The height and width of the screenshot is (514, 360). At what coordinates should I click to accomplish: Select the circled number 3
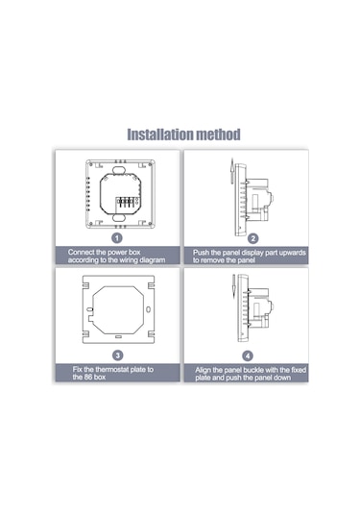tap(117, 355)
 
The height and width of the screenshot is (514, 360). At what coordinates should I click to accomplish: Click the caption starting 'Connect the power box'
tap(117, 255)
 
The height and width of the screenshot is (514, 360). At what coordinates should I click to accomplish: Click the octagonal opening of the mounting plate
tap(117, 307)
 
